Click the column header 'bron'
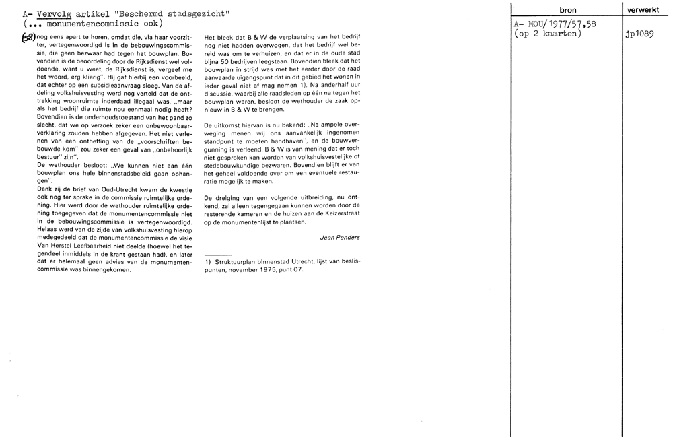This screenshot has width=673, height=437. point(567,11)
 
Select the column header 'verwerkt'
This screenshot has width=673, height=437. point(647,11)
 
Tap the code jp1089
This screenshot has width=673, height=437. point(640,34)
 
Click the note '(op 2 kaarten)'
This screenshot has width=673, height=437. point(547,34)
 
